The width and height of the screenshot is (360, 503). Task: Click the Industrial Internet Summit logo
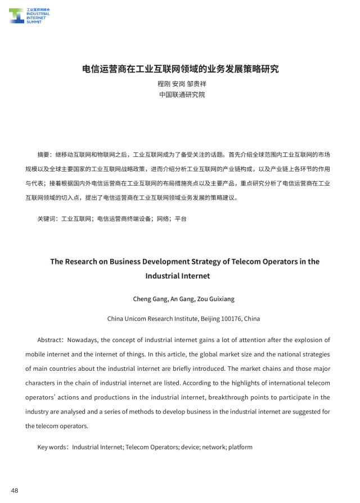(x=29, y=15)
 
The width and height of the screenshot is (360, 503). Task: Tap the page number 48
(x=15, y=491)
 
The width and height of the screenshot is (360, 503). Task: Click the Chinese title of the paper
(x=180, y=69)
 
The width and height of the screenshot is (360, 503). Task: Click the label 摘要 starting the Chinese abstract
(x=43, y=154)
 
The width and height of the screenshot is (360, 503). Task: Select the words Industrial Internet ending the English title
(x=178, y=276)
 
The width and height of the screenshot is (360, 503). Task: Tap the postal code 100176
(x=231, y=318)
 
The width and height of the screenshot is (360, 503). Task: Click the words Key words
(x=50, y=447)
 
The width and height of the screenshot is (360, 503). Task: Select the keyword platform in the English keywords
(x=240, y=447)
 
